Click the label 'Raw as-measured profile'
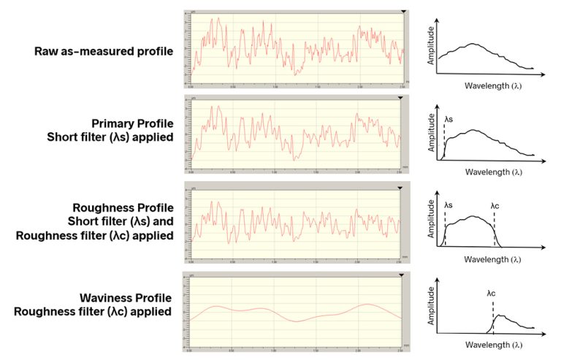tap(103, 51)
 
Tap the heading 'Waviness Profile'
tap(126, 299)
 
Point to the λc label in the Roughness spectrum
tap(495, 206)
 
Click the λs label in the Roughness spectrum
tap(449, 206)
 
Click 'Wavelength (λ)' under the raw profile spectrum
tap(493, 85)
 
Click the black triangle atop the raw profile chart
tap(402, 12)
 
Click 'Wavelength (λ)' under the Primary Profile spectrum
tap(493, 172)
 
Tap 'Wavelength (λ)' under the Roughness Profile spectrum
tap(493, 259)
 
